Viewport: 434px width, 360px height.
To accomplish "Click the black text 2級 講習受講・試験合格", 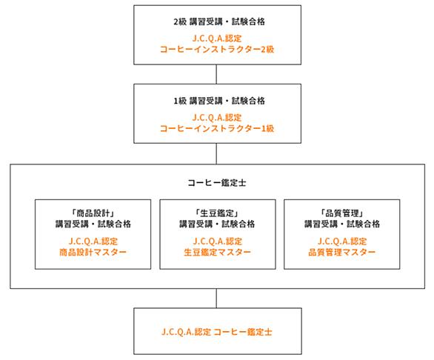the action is click(219, 21).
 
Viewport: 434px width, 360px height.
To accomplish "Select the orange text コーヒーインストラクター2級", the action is click(217, 50).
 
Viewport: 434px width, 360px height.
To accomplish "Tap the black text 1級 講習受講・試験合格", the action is click(219, 101).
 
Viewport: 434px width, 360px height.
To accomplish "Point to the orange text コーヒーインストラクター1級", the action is click(217, 128).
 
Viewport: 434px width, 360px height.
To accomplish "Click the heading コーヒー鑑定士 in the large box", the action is click(217, 183).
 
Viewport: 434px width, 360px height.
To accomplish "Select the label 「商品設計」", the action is click(93, 213).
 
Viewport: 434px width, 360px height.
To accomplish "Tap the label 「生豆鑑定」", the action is click(217, 213).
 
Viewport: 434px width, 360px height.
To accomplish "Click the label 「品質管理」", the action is click(342, 213).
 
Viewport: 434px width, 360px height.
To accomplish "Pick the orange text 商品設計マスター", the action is click(93, 252).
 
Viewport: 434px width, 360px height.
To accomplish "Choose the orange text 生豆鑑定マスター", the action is click(217, 252).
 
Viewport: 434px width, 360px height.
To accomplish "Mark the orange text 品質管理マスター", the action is click(342, 252).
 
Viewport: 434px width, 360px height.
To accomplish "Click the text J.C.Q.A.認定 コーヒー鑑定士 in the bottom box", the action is click(217, 331).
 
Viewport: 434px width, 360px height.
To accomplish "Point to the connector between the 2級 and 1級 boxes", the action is click(216, 74).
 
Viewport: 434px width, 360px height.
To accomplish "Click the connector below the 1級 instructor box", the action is click(216, 153).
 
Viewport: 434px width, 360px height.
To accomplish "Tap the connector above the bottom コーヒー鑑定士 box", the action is click(216, 299).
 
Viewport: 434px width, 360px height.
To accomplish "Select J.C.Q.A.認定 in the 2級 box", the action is click(217, 39).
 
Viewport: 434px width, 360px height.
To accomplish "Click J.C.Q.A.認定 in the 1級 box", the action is click(217, 118).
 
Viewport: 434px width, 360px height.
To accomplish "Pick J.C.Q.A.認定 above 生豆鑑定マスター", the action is click(218, 241).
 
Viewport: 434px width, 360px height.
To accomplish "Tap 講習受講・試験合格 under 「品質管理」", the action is click(342, 224).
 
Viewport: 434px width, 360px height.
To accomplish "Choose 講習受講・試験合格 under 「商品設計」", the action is click(93, 224).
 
